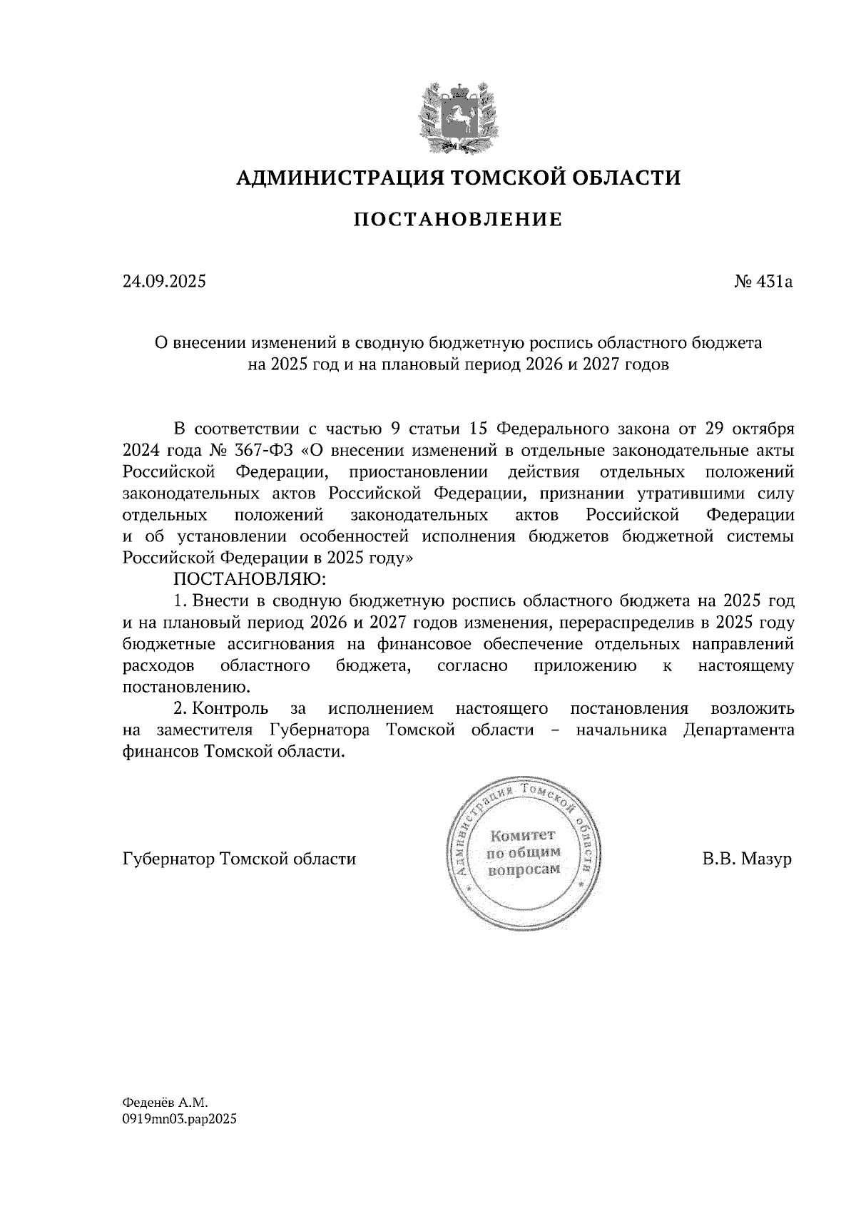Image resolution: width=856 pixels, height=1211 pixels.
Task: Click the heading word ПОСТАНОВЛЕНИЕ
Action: tap(457, 220)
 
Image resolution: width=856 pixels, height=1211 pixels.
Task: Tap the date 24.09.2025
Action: tap(164, 282)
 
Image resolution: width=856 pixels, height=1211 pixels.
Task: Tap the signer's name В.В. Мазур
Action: tap(747, 859)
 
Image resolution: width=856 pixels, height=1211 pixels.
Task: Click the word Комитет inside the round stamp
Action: tap(521, 835)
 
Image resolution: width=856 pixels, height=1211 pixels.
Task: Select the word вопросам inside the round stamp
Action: tap(523, 870)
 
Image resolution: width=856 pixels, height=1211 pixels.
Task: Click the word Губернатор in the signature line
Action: tap(169, 859)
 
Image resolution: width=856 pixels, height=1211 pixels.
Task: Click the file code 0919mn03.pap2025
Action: tap(179, 1119)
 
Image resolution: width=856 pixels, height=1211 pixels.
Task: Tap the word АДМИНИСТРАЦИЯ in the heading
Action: tap(332, 177)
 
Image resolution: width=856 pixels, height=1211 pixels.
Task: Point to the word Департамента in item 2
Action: tap(738, 730)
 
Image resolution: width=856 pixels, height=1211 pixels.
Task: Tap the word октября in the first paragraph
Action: tap(765, 429)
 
